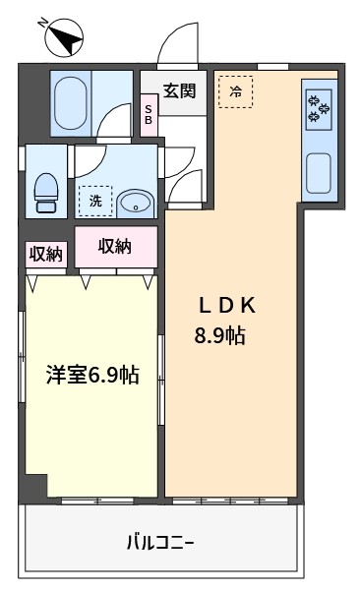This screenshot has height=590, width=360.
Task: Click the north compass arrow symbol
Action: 64,37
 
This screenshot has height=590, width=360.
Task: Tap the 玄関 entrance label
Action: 180,90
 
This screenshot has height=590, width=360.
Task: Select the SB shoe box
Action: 149,115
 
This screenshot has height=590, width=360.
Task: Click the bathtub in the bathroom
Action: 71,103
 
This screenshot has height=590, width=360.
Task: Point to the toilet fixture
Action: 46,192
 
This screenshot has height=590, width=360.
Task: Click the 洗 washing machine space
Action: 95,201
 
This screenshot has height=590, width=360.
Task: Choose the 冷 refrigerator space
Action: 236,91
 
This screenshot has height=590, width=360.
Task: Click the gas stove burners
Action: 319,109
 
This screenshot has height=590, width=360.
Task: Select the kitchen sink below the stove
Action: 319,173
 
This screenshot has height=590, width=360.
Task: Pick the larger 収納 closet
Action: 116,247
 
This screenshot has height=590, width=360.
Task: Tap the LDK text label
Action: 227,306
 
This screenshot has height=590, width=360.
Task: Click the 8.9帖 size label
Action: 220,335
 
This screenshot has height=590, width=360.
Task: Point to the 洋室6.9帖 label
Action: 93,375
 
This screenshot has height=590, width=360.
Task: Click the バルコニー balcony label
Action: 160,543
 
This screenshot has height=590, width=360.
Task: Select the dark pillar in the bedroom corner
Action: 36,486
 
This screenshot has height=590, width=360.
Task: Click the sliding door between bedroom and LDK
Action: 161,380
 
